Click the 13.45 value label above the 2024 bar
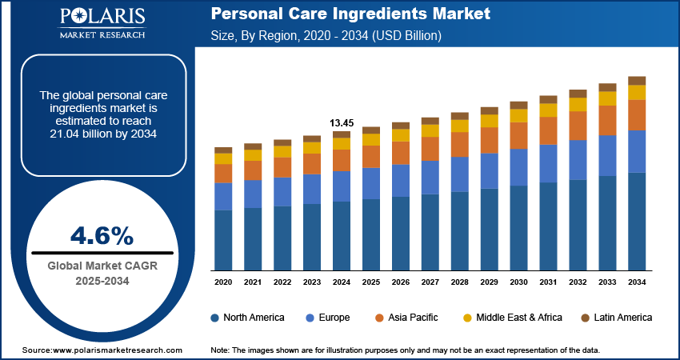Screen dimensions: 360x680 (342, 122)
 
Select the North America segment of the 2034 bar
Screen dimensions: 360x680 (637, 221)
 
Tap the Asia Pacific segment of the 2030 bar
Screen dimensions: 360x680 (518, 135)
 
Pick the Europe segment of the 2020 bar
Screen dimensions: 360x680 (223, 196)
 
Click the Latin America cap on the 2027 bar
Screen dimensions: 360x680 (430, 121)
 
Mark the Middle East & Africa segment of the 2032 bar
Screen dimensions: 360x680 (578, 105)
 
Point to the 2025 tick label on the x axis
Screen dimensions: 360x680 (371, 282)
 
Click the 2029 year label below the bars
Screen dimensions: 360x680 (489, 282)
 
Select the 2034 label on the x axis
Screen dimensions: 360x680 (637, 282)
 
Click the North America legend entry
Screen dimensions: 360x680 (247, 318)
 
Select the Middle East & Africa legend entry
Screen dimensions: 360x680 (511, 318)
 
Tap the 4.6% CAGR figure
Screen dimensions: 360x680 (102, 235)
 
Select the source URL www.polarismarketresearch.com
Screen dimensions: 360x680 (119, 350)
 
